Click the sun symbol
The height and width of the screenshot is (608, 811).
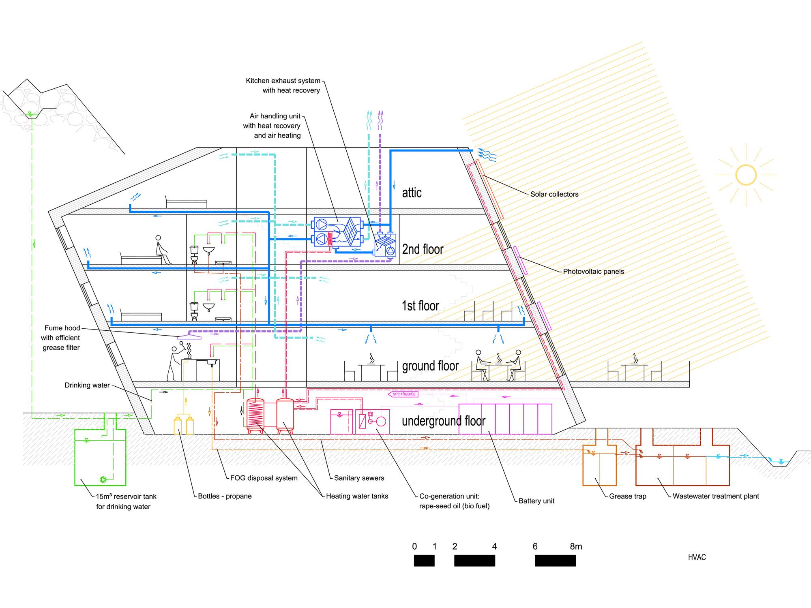coord(746,175)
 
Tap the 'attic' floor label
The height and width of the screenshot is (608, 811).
coord(412,193)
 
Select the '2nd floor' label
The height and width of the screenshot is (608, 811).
coord(423,249)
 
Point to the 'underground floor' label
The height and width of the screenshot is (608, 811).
coord(443,421)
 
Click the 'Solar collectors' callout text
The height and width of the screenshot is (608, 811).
coord(554,194)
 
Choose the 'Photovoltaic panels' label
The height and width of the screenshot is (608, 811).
coord(593,272)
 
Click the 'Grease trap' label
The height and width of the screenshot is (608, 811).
coord(627,496)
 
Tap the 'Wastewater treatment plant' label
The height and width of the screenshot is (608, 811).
coord(716,496)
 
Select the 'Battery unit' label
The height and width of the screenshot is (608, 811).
coord(536,501)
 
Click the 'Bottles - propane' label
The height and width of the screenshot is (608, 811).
coord(225,496)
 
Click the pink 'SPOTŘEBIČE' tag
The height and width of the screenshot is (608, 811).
coord(403,394)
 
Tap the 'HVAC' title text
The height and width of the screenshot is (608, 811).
coord(697,557)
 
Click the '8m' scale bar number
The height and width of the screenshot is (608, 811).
coord(576,546)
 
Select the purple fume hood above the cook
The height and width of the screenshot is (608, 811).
coord(189,336)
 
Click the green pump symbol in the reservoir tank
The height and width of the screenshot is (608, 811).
coord(103,480)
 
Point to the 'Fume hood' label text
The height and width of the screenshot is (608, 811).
coord(62,328)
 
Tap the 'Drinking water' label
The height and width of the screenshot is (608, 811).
coord(87,385)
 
